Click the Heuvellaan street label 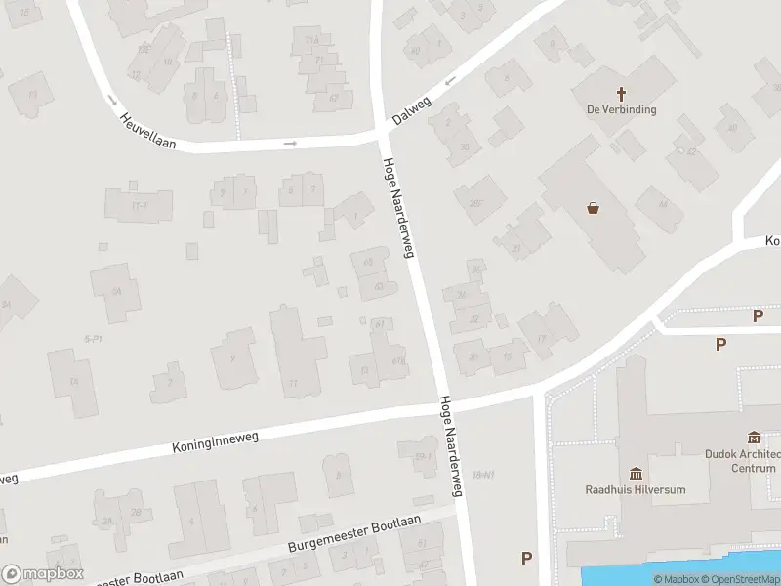(147, 130)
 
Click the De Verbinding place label (621, 109)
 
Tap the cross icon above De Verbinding (621, 94)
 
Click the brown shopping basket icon (593, 207)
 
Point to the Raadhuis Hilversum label (636, 489)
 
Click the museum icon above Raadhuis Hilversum (636, 473)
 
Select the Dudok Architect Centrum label (744, 460)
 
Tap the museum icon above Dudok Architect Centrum (754, 437)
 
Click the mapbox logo (42, 574)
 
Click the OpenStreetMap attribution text (744, 580)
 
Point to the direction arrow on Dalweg (451, 82)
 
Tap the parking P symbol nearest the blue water (527, 558)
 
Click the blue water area (683, 575)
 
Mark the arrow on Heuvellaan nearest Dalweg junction (290, 144)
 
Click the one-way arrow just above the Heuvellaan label (113, 101)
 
